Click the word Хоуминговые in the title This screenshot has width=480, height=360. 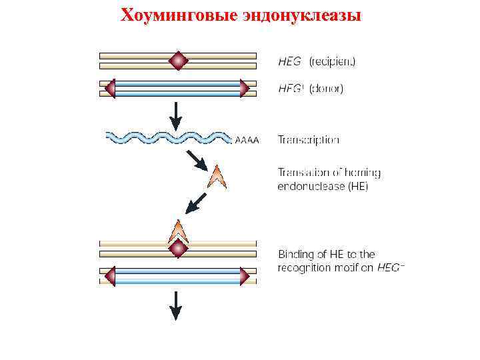(x=177, y=15)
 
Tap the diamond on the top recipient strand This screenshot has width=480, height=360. (x=178, y=61)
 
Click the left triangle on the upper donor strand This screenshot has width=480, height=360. (x=110, y=88)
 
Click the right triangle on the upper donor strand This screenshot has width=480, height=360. (x=245, y=88)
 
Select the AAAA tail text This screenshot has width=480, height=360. (x=247, y=140)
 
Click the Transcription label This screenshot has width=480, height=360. (x=308, y=140)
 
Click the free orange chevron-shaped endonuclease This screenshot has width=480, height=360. (x=217, y=177)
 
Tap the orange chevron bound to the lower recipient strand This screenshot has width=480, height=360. (x=178, y=231)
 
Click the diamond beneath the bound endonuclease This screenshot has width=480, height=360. (x=178, y=249)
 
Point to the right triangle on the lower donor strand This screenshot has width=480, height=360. (x=245, y=276)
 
